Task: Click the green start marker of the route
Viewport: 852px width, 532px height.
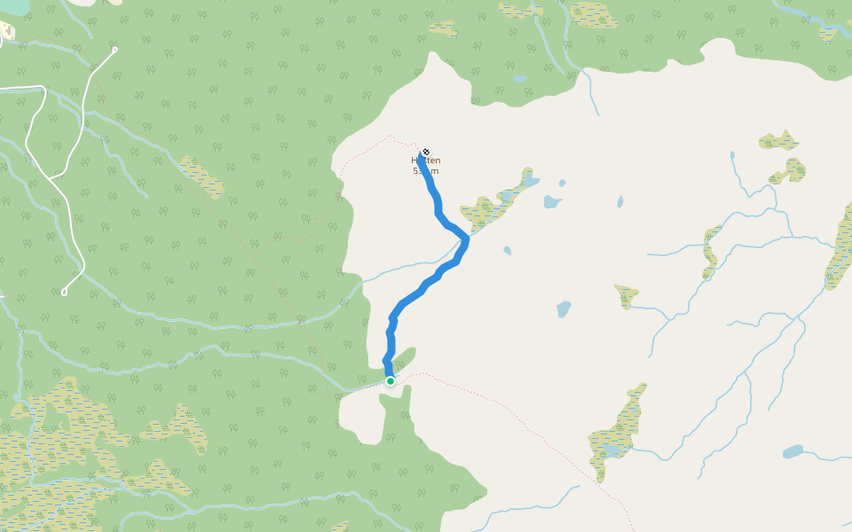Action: (390, 381)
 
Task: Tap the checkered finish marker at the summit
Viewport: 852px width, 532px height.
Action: (426, 153)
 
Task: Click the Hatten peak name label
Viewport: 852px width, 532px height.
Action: (426, 160)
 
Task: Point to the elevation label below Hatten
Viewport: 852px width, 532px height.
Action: (426, 171)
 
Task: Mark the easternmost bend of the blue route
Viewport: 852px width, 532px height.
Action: (466, 240)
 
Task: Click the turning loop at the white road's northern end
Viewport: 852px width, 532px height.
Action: (114, 49)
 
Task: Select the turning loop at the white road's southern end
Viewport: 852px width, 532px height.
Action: (65, 292)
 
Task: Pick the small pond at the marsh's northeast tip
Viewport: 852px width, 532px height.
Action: (531, 181)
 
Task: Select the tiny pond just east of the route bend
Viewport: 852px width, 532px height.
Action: (507, 251)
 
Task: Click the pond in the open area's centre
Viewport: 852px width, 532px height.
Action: (564, 309)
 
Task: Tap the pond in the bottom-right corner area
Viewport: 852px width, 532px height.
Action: (793, 451)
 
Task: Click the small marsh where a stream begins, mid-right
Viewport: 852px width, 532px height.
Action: (627, 295)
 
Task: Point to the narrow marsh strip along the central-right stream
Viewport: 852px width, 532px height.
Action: (711, 250)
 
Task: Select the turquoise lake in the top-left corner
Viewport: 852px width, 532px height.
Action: (13, 7)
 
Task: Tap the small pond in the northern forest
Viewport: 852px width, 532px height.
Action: (520, 79)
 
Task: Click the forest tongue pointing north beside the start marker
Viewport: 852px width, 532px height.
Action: (404, 360)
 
